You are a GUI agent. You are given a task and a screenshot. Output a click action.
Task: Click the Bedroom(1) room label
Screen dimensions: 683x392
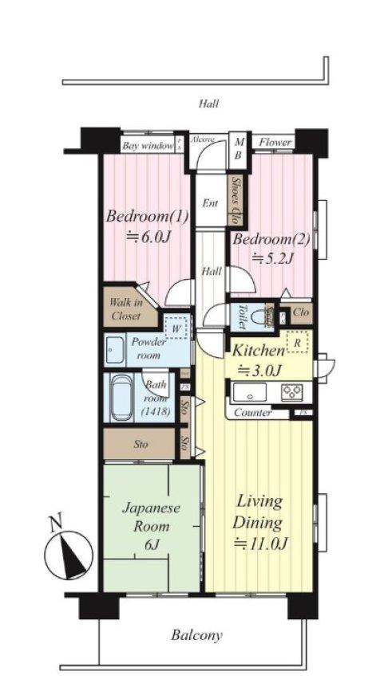(x=139, y=226)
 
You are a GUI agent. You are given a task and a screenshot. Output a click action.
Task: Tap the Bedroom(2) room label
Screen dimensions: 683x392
(x=263, y=246)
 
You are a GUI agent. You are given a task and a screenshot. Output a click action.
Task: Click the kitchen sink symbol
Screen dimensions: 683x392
(x=251, y=392)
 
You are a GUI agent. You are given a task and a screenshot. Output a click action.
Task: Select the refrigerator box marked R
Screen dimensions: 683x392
(x=296, y=343)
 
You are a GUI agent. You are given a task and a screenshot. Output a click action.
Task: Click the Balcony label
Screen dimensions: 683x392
(x=196, y=635)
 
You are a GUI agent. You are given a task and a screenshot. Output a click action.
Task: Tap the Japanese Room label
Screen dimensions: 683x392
(x=151, y=527)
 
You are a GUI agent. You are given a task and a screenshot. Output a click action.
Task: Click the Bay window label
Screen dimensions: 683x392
(x=148, y=146)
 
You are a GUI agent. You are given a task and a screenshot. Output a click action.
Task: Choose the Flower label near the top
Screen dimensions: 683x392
(x=275, y=143)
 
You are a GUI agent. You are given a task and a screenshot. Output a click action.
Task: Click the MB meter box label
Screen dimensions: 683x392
(x=238, y=149)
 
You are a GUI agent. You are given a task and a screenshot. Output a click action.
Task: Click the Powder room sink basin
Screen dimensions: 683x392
(x=113, y=348)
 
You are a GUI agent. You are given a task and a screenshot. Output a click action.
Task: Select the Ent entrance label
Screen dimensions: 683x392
(x=209, y=203)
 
